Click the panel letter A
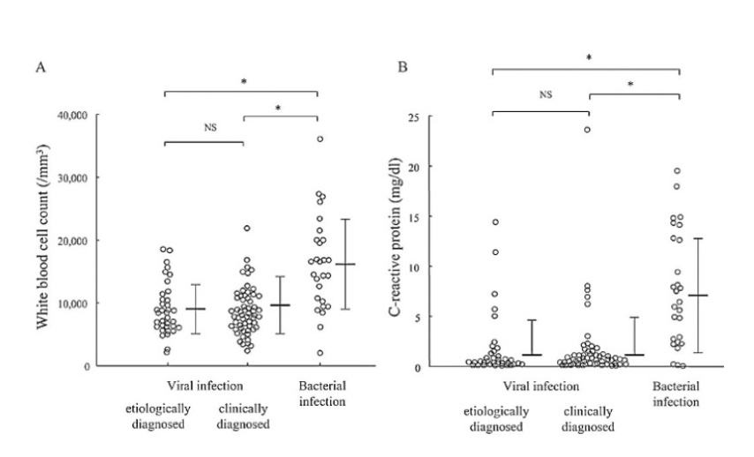[x=41, y=67]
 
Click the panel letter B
[x=403, y=67]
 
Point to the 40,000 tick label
[x=85, y=115]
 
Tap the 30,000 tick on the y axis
[x=85, y=177]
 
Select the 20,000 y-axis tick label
[x=85, y=240]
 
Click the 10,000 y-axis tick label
[x=85, y=303]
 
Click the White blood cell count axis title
[x=42, y=240]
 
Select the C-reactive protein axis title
[x=407, y=240]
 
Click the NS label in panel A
[x=209, y=126]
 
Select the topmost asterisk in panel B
[x=588, y=57]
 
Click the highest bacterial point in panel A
[x=320, y=139]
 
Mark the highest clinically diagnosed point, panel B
[x=586, y=130]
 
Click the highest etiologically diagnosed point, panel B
[x=495, y=221]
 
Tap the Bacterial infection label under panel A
[x=320, y=393]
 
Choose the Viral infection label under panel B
[x=540, y=386]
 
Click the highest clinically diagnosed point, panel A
[x=247, y=228]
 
